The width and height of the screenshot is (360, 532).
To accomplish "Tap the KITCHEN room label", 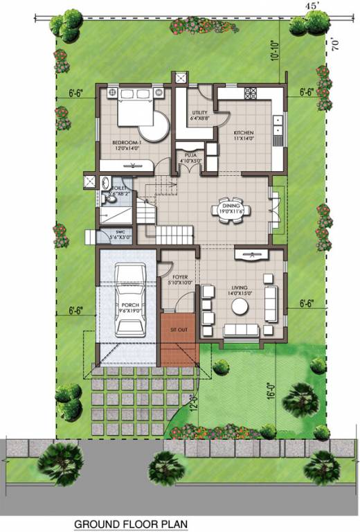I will (243, 132).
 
